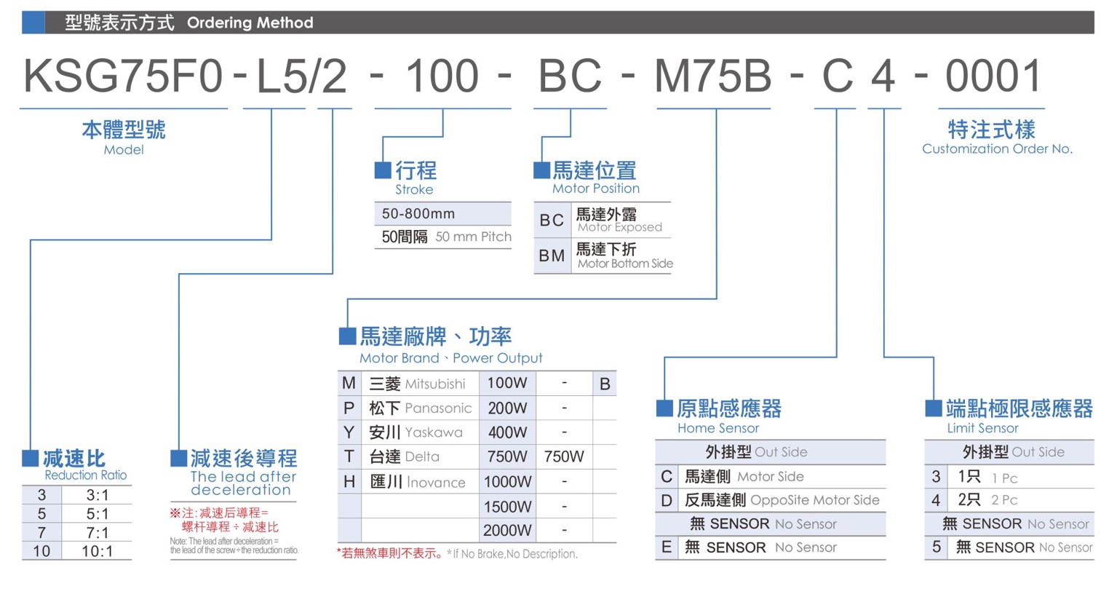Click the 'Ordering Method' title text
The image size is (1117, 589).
coord(250,23)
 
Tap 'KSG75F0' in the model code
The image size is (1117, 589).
coord(123,76)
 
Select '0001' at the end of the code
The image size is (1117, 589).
coord(993,76)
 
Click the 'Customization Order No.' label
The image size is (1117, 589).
coord(997,149)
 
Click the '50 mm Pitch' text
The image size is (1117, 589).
coord(473,237)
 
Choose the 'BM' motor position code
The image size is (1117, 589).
coord(552,256)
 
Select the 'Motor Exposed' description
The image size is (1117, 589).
coord(620,227)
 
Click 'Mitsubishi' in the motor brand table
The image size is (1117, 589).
coord(435,384)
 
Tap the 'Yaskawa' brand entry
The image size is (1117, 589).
coord(434,432)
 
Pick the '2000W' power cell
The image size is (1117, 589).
coord(507,530)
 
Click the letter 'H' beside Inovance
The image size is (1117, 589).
coord(349,481)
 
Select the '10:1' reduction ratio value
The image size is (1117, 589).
coord(98,551)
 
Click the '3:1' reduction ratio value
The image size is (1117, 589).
coord(98,495)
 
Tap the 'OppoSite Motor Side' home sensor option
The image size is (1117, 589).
coord(815,499)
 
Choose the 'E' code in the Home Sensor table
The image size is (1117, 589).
coord(667,547)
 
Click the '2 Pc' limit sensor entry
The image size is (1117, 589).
coord(1004,499)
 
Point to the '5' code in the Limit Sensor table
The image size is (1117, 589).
coord(936,547)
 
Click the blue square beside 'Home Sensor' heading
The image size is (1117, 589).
coord(664,408)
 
